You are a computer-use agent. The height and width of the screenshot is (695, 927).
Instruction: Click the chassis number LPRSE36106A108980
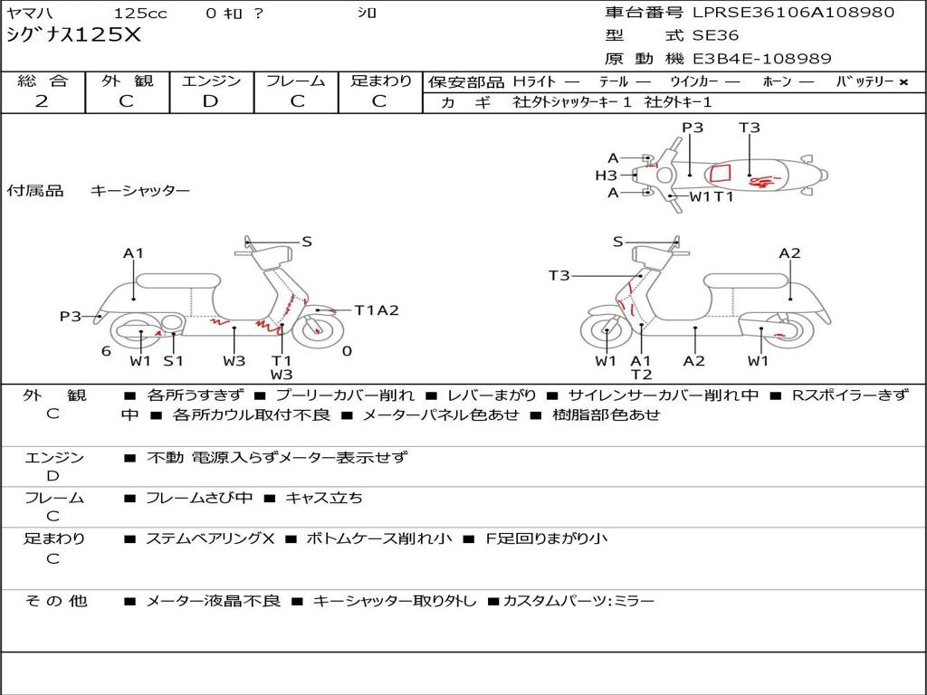793,13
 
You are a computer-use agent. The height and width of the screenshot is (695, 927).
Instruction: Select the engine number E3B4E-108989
762,59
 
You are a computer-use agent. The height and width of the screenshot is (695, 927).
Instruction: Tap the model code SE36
715,35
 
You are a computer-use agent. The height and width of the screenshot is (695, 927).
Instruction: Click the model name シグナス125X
74,35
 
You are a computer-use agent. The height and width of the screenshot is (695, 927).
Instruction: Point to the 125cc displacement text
140,13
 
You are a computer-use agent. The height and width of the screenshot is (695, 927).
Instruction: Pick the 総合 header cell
43,81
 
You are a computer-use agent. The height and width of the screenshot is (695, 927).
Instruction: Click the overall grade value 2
42,101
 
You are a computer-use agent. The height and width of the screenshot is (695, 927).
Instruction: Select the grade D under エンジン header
210,101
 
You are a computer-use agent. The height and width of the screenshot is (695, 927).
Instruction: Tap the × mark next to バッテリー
903,82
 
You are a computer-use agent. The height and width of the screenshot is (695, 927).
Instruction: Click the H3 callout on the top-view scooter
606,175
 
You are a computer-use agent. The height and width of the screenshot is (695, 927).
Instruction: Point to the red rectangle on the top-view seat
720,173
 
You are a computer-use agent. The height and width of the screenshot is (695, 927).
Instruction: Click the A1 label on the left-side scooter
134,253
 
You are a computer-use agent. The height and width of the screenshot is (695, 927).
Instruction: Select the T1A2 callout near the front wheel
377,310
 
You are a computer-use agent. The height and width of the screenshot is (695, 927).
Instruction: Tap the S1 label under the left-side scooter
173,360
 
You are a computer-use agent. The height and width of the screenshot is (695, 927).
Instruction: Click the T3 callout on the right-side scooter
559,275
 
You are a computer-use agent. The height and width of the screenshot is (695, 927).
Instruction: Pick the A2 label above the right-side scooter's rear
789,253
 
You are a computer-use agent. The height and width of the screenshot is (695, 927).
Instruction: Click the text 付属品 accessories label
35,191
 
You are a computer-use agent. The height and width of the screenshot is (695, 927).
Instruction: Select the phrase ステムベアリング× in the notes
210,538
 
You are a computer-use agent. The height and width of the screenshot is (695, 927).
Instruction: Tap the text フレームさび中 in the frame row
199,499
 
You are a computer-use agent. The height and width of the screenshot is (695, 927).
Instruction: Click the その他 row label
56,601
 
